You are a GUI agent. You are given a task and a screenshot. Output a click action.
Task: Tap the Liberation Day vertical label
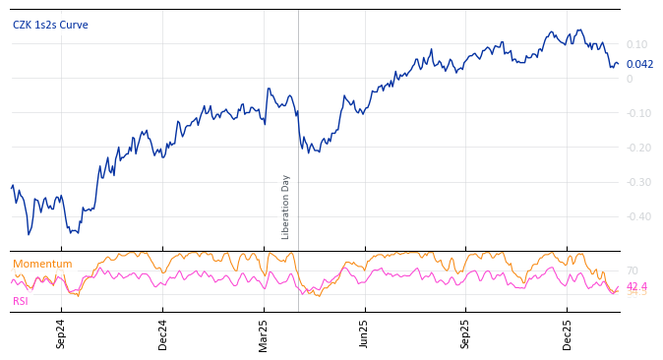[286, 207]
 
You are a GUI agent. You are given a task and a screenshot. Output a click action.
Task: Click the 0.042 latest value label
[639, 64]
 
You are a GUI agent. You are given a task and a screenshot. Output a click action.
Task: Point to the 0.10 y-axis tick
[636, 45]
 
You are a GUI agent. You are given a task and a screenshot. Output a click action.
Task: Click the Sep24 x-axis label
[61, 333]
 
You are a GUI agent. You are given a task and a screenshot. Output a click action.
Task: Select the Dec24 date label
[163, 333]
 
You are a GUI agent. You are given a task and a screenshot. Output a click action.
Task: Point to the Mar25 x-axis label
[265, 333]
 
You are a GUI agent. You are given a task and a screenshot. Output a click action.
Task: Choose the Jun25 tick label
[365, 333]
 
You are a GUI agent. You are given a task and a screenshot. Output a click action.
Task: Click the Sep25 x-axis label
[466, 333]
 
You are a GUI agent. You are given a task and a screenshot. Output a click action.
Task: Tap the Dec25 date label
[568, 333]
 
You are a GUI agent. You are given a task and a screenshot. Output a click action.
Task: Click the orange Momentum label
[42, 265]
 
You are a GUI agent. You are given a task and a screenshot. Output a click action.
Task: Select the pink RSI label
[21, 301]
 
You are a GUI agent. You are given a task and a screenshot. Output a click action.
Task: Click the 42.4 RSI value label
[636, 286]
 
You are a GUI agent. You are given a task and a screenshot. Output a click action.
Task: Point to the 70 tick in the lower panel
[632, 270]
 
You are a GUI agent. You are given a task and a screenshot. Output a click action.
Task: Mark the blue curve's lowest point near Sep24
[29, 234]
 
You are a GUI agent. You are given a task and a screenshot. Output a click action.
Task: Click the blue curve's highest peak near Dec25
[579, 30]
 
